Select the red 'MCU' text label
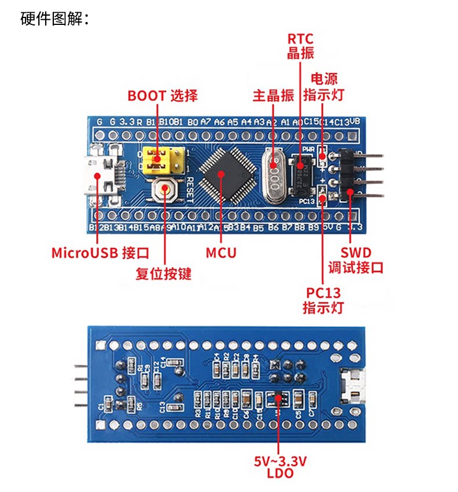click(x=221, y=253)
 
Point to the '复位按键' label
click(x=163, y=272)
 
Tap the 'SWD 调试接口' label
click(x=355, y=260)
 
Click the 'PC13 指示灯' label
click(x=322, y=300)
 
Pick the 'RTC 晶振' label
click(x=300, y=46)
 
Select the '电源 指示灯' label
click(x=324, y=86)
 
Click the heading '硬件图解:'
click(x=54, y=19)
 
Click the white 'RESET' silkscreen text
click(x=190, y=188)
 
